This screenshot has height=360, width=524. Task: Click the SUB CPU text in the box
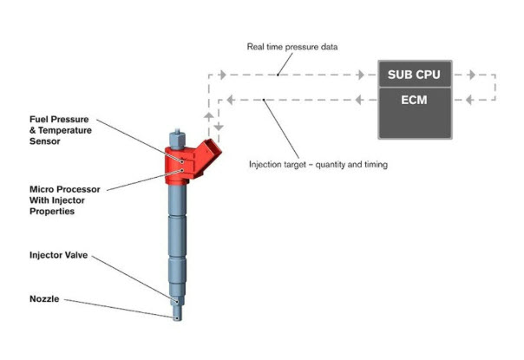[x=414, y=75]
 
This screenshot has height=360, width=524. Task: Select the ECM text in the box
[x=414, y=100]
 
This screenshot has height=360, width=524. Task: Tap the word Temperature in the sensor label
[x=65, y=130]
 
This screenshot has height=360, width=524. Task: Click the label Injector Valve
[x=59, y=255]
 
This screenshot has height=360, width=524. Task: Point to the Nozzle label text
[x=44, y=298]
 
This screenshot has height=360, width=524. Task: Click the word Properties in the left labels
[x=52, y=212]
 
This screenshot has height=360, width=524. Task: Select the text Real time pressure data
[x=292, y=47]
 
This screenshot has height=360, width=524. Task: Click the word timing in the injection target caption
[x=376, y=165]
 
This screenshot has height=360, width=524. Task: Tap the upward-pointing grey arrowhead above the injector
[x=208, y=116]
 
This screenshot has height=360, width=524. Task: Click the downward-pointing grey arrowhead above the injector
[x=219, y=127]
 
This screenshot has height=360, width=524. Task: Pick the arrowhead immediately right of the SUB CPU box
[x=472, y=75]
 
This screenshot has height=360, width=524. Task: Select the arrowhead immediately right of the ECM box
[x=469, y=100]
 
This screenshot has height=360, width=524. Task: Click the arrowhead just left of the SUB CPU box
[x=360, y=75]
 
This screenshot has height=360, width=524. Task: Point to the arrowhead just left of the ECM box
[x=359, y=100]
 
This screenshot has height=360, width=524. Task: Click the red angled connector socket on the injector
[x=210, y=152]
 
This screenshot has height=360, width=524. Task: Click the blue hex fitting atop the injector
[x=177, y=140]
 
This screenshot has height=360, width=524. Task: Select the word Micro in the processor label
[x=40, y=189]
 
